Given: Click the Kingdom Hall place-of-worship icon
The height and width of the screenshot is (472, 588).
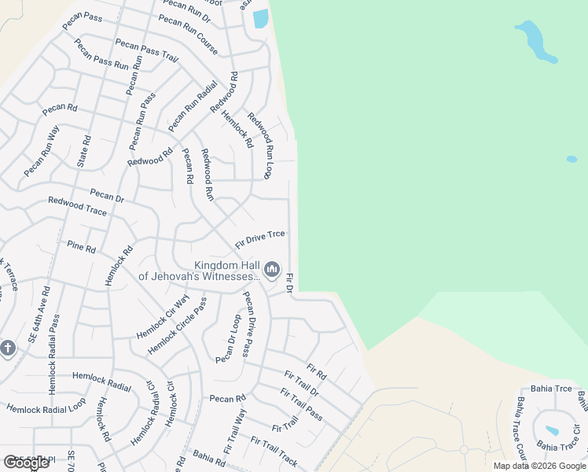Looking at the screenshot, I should (272, 271).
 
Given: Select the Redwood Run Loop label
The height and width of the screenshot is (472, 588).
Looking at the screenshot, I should (259, 145).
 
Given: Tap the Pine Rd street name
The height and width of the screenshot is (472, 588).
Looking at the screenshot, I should (81, 248).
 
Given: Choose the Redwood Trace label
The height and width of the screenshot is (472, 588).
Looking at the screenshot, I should (77, 207).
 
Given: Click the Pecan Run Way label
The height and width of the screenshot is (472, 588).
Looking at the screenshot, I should (42, 150).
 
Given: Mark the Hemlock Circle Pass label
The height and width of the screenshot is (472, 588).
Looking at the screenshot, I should (178, 325).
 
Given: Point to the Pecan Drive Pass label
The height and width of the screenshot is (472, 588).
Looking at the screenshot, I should (256, 323).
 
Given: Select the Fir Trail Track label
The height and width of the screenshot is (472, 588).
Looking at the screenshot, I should (274, 451).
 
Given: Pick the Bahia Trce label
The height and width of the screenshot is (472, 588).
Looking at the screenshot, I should (553, 389).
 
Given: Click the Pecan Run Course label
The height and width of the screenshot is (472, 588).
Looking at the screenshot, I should (188, 35).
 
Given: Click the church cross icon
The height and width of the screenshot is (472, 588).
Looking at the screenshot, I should (8, 348).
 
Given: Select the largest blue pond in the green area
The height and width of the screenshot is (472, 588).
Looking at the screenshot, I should (535, 41).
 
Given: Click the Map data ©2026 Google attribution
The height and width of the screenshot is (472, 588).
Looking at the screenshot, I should (539, 466).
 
